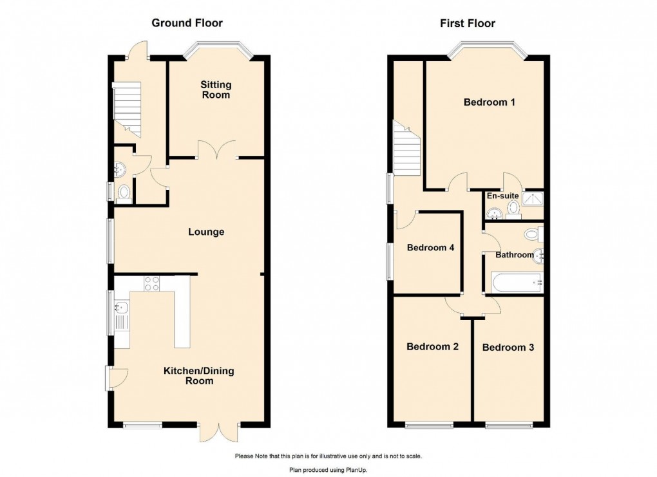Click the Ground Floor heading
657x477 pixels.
[x=187, y=23]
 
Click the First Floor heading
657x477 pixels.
[x=468, y=24]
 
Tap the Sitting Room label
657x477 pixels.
[x=215, y=90]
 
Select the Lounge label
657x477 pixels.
[x=206, y=232]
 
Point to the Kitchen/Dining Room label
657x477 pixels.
[x=198, y=376]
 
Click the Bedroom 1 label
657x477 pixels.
[x=490, y=102]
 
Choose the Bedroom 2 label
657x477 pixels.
[x=432, y=347]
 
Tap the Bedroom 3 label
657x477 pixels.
[x=508, y=348]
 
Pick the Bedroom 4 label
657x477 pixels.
[x=426, y=248]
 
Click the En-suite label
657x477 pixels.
[x=502, y=196]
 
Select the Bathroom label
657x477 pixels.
[x=514, y=255]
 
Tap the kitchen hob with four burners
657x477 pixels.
[x=152, y=283]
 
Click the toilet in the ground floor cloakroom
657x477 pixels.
[x=124, y=192]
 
